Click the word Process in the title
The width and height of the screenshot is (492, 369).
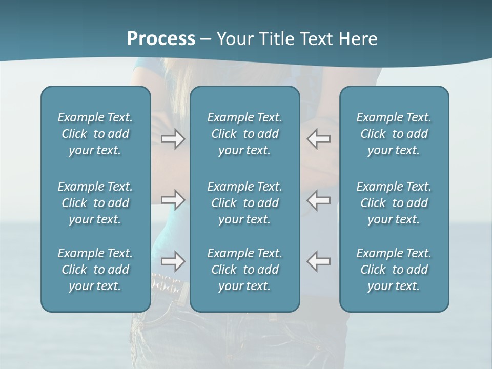tap(161, 39)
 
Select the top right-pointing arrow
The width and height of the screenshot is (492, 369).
tap(173, 139)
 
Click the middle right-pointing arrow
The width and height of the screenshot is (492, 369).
tap(173, 200)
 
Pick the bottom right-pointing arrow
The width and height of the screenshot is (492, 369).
tap(173, 261)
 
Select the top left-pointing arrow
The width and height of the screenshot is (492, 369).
tap(319, 139)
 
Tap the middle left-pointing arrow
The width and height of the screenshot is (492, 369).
tap(319, 200)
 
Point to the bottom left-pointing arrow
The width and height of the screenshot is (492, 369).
tap(319, 261)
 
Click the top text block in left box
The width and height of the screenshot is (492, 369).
tap(95, 134)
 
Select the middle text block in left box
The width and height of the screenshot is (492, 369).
tap(95, 203)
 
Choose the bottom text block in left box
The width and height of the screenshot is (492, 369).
tap(95, 270)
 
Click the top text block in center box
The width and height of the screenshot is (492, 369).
tap(244, 134)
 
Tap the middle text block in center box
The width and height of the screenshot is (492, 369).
tap(244, 203)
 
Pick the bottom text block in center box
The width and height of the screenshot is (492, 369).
tap(244, 270)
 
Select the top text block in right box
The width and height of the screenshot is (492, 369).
tap(394, 134)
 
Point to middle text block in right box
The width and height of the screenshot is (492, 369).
tap(394, 203)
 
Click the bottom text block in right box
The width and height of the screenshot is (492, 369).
tap(394, 270)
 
